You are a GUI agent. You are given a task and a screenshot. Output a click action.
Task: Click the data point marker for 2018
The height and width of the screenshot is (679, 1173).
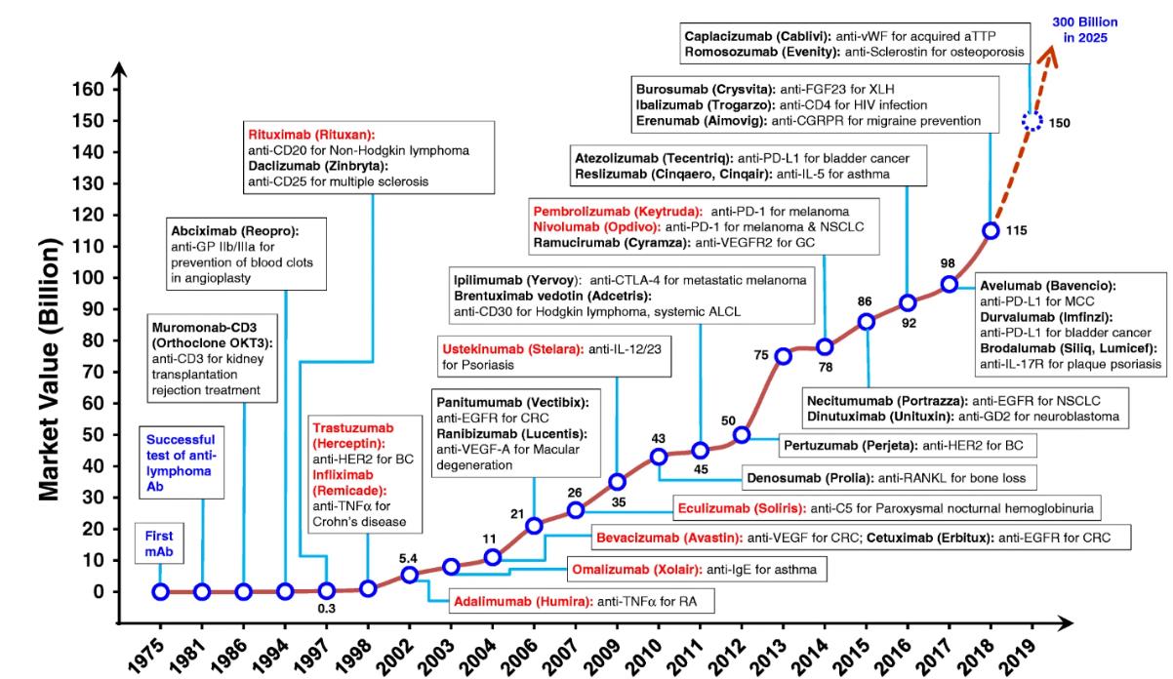[x=991, y=230]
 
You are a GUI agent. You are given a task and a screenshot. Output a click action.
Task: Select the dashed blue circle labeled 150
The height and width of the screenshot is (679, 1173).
[x=1032, y=122]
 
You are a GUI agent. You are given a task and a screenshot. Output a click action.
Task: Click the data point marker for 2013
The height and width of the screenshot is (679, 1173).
[x=783, y=356]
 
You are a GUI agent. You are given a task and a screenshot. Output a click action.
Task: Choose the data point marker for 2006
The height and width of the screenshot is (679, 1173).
[x=534, y=526]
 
